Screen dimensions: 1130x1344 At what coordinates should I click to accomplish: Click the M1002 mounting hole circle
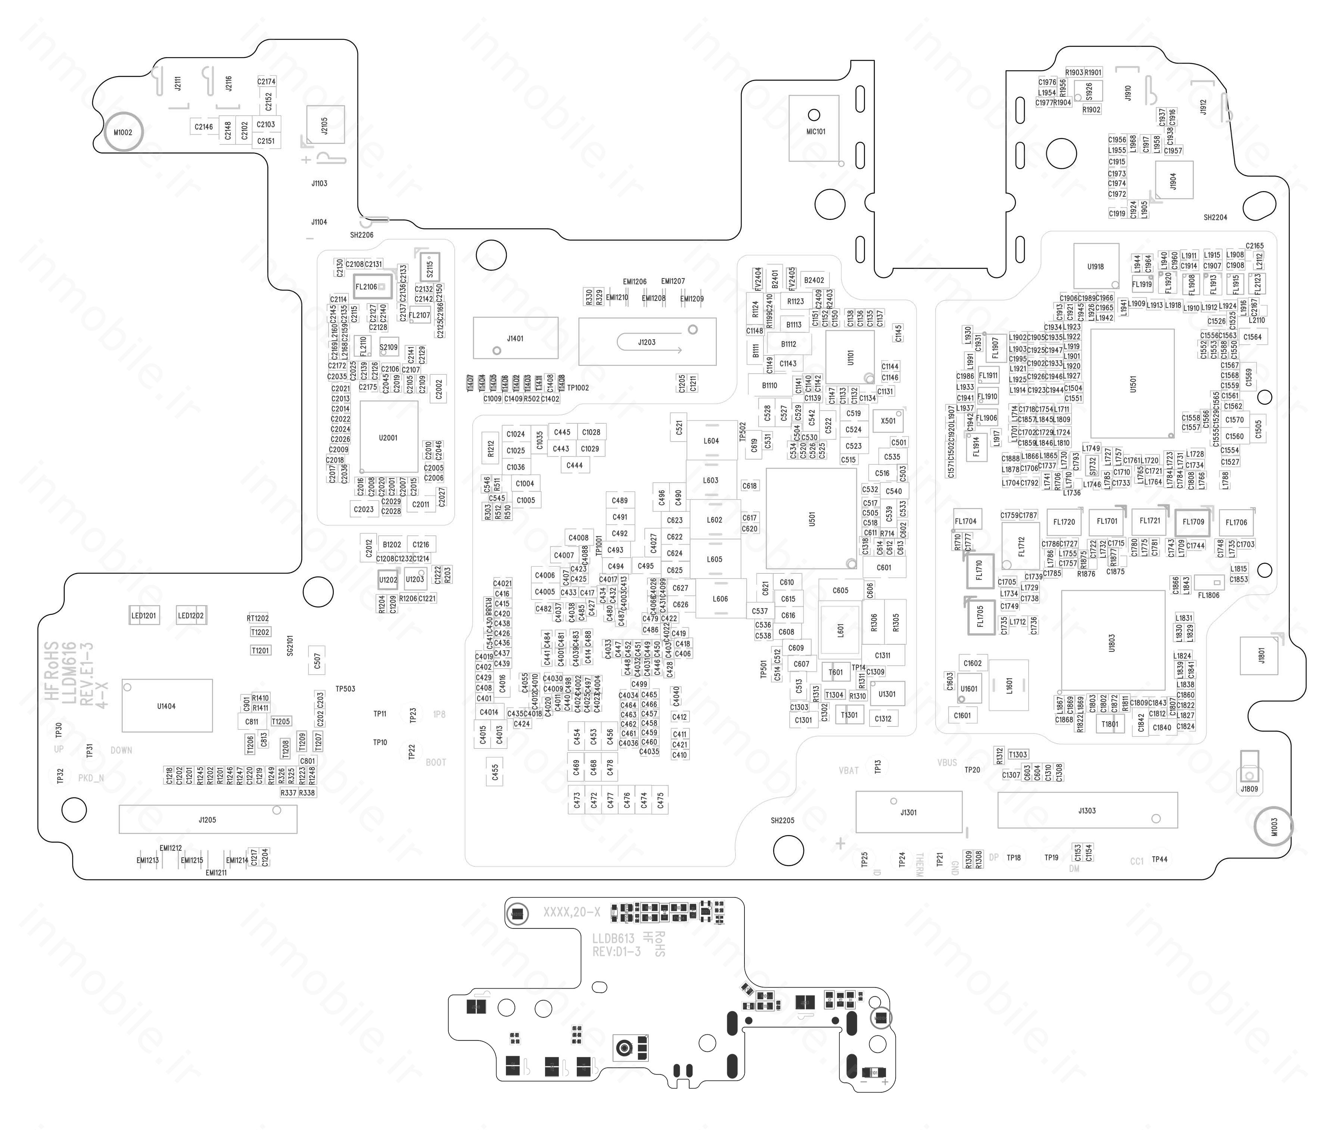click(123, 133)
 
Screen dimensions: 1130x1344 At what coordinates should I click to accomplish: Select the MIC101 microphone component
click(814, 128)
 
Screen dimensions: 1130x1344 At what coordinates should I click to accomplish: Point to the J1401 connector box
click(516, 338)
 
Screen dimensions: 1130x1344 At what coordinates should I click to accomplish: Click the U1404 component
click(167, 706)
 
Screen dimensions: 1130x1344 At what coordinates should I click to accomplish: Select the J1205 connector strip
click(208, 820)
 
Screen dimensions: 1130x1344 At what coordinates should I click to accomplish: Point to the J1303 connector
click(1087, 810)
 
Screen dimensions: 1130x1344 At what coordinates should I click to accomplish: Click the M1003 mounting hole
click(1273, 827)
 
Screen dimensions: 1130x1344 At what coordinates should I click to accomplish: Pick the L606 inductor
click(721, 599)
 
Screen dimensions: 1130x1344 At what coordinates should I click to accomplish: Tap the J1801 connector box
click(1261, 656)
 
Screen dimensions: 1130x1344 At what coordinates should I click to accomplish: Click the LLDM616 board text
click(69, 673)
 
